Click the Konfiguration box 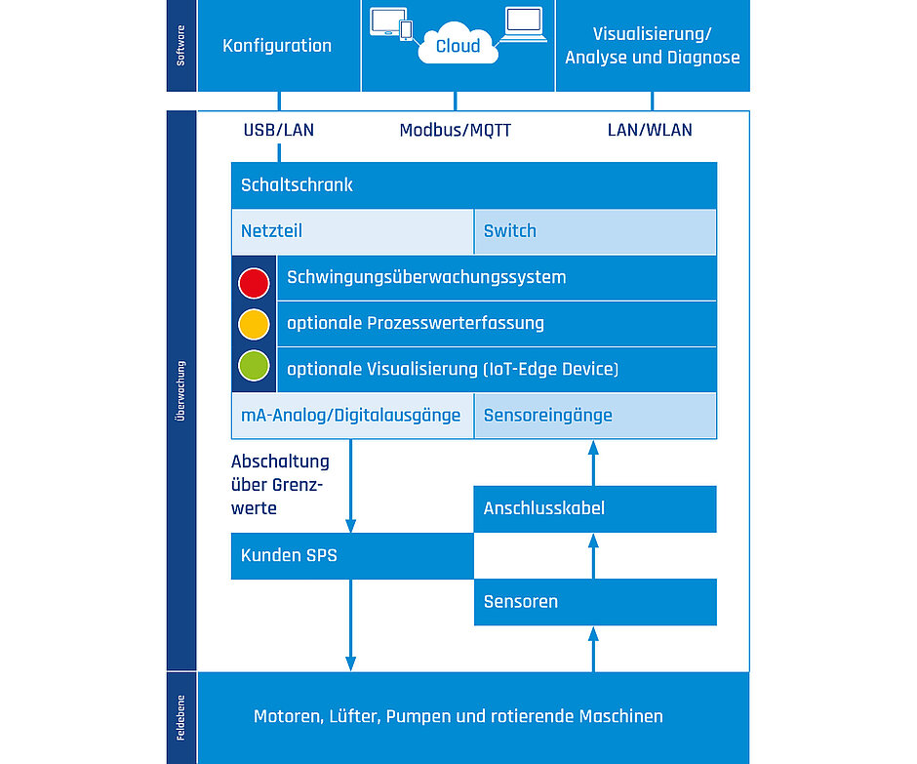pos(278,46)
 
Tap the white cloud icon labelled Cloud pos(458,46)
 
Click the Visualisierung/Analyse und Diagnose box pos(652,46)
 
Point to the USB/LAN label pos(279,130)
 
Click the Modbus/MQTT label pos(456,130)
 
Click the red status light pos(254,283)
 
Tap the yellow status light pos(254,323)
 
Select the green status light pos(254,366)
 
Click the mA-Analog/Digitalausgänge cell pos(352,416)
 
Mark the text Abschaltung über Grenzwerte pos(280,485)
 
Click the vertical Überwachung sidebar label pos(181,390)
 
